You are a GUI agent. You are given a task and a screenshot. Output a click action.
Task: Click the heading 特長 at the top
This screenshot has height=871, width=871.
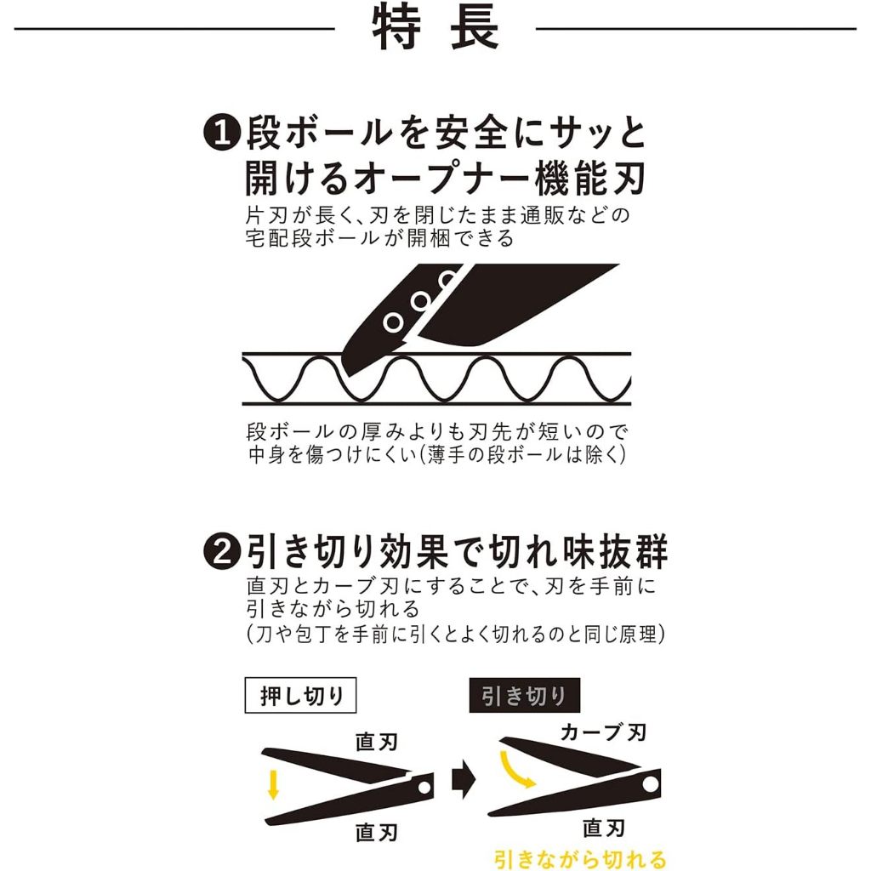[435, 28]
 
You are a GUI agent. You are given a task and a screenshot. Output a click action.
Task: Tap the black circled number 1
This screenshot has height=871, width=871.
[221, 134]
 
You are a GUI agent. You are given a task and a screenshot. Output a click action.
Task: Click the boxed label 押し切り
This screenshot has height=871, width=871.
[300, 695]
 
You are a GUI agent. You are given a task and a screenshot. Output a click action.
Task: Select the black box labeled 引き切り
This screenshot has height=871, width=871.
[524, 695]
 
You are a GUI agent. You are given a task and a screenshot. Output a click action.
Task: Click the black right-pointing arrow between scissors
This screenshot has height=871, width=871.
[464, 780]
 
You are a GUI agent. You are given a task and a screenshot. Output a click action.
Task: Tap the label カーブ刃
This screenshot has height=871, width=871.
[603, 732]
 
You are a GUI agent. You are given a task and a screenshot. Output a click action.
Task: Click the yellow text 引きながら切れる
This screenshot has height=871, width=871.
[580, 859]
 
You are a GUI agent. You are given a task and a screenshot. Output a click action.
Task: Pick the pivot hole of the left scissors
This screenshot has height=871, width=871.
[424, 788]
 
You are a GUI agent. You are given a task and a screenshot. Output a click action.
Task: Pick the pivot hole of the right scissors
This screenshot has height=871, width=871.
[650, 783]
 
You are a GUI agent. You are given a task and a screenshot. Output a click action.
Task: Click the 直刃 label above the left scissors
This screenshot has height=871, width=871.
[377, 742]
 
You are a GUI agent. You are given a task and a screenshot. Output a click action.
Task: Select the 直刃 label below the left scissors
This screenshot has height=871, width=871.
[377, 832]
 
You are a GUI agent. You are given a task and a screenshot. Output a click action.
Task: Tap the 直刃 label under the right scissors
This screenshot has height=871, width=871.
[603, 828]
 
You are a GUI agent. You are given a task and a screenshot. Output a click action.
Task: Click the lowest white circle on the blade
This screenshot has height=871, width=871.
[393, 322]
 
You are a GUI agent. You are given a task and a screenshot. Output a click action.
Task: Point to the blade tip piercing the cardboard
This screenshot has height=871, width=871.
[348, 375]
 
